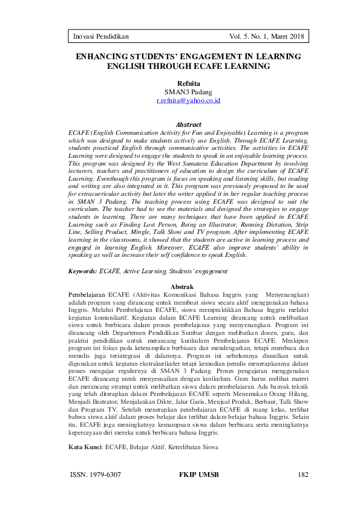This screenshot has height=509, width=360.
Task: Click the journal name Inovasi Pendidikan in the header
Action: [101, 37]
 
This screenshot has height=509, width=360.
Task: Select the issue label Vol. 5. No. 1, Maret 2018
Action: [267, 37]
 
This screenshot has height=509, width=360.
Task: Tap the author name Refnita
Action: [188, 83]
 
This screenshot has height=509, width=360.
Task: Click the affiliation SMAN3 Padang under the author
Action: [188, 92]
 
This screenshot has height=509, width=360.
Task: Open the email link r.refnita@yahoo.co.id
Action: [188, 100]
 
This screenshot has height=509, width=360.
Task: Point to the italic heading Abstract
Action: [188, 125]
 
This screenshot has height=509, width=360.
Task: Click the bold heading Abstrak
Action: [182, 285]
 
